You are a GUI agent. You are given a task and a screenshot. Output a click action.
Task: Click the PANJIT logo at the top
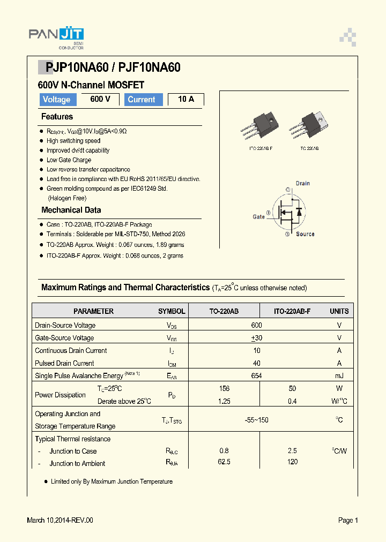(x=56, y=36)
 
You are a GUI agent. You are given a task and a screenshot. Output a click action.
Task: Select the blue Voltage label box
(x=56, y=100)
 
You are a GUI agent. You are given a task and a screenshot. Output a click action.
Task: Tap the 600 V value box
(x=100, y=99)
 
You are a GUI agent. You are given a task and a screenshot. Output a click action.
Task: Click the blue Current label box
(x=142, y=100)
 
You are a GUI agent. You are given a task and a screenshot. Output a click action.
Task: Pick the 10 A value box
(x=186, y=99)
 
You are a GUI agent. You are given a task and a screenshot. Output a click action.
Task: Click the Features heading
(x=57, y=117)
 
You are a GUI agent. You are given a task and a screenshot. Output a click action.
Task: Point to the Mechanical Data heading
(x=71, y=210)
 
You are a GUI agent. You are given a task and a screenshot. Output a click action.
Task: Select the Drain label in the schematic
(x=303, y=183)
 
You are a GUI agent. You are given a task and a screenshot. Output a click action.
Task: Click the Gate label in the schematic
(x=259, y=217)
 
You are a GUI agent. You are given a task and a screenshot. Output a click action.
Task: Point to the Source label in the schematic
(x=305, y=234)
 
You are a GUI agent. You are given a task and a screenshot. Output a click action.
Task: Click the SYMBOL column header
(x=172, y=311)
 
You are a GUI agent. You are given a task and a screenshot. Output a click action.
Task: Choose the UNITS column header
(x=339, y=311)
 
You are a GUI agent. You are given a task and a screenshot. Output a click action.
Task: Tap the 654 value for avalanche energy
(x=256, y=376)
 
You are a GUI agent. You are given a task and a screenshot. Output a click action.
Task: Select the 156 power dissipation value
(x=224, y=388)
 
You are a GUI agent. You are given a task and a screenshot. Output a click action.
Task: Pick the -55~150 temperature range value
(x=256, y=420)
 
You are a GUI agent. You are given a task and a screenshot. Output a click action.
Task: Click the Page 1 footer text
(x=348, y=520)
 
